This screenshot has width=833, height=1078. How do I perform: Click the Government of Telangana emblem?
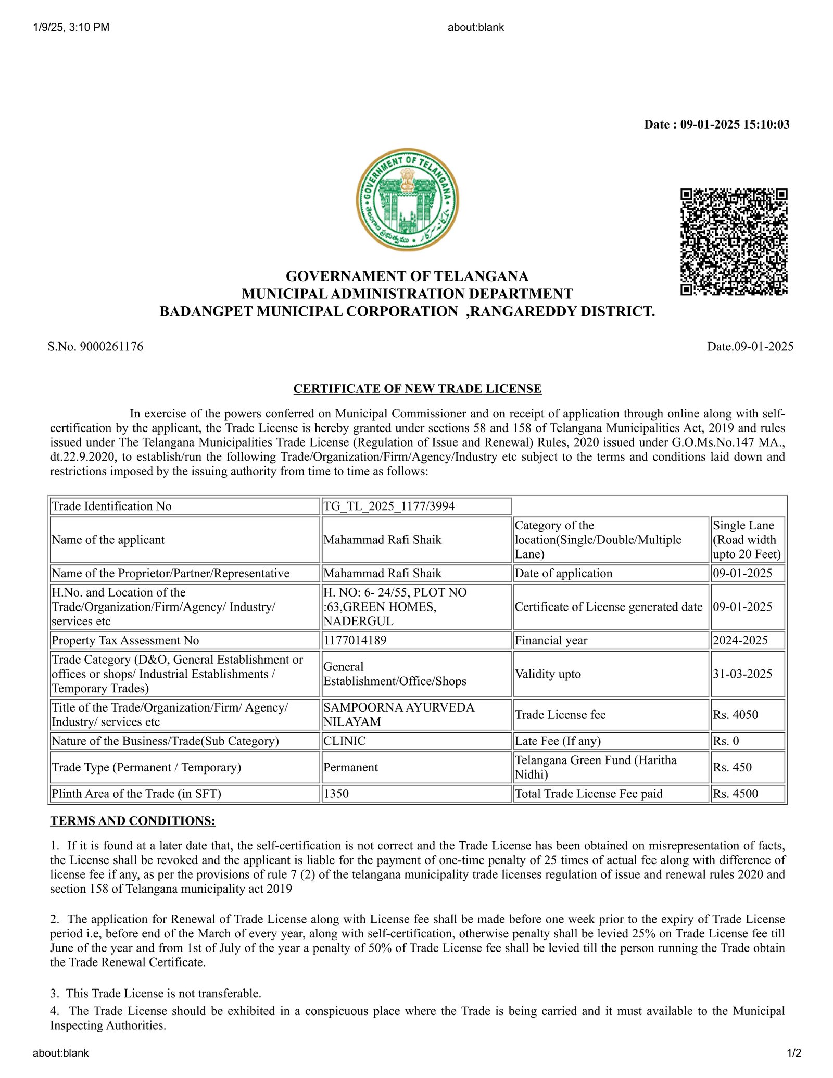(407, 199)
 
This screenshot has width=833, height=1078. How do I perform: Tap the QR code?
(734, 242)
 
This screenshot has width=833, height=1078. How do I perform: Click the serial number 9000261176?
(111, 347)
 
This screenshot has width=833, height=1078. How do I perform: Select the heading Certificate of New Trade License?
(417, 389)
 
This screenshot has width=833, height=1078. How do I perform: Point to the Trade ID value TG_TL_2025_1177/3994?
(389, 506)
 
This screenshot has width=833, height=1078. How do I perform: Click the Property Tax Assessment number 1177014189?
(355, 640)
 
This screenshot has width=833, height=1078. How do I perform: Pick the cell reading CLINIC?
(344, 741)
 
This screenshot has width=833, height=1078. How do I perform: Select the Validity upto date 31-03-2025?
(742, 674)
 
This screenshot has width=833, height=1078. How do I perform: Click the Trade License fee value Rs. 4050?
(735, 715)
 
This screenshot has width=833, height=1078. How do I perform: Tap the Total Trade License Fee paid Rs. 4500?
(735, 794)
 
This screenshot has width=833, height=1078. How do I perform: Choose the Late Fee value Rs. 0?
(726, 741)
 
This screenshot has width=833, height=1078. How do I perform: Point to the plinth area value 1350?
(336, 794)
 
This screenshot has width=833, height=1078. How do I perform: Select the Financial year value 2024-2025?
(740, 640)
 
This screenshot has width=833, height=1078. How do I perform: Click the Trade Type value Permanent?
(350, 767)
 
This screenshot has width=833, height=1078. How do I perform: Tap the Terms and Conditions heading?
(133, 821)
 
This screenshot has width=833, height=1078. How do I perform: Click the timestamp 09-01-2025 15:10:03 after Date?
(735, 124)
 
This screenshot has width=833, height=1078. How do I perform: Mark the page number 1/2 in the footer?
(794, 1053)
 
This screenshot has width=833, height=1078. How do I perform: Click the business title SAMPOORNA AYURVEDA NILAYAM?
(398, 715)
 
